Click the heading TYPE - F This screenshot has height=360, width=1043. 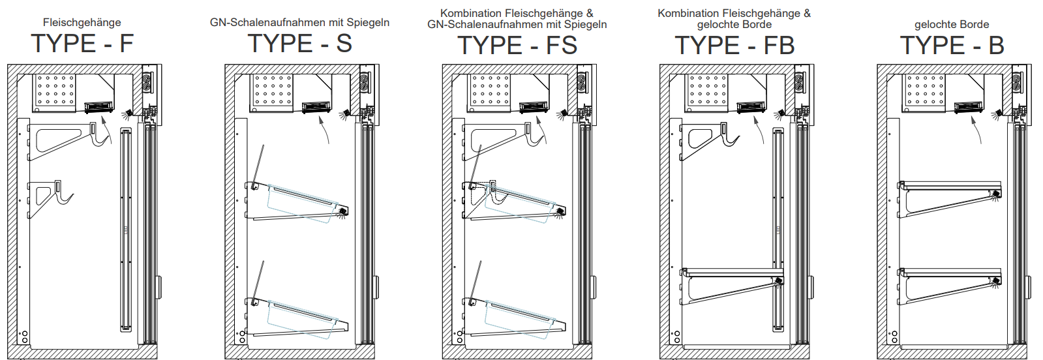coord(82,44)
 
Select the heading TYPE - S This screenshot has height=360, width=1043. coord(299,44)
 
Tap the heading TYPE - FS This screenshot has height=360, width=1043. coord(517,46)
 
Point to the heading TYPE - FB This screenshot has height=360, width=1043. coord(734,46)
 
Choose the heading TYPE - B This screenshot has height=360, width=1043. coord(952,46)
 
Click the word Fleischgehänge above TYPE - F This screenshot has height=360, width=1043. coord(82,22)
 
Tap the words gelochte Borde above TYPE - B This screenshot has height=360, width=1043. coord(952,25)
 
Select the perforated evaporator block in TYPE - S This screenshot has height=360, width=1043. coord(273,90)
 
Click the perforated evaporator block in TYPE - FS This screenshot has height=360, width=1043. coord(490,90)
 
